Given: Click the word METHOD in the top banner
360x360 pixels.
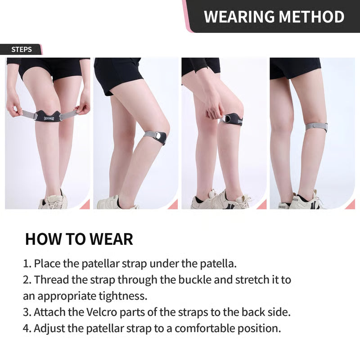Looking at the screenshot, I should pyautogui.click(x=310, y=17).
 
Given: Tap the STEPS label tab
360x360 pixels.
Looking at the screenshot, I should pyautogui.click(x=21, y=49).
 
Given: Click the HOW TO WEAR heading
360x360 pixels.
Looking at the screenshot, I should pyautogui.click(x=79, y=239).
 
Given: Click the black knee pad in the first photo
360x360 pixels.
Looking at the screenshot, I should pyautogui.click(x=48, y=116).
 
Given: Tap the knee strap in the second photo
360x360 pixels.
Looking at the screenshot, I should pyautogui.click(x=156, y=136).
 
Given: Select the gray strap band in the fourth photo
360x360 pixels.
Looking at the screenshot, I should pyautogui.click(x=316, y=127).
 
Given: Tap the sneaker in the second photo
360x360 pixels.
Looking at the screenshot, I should pyautogui.click(x=108, y=202).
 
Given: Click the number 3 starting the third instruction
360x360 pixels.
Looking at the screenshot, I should pyautogui.click(x=26, y=312).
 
